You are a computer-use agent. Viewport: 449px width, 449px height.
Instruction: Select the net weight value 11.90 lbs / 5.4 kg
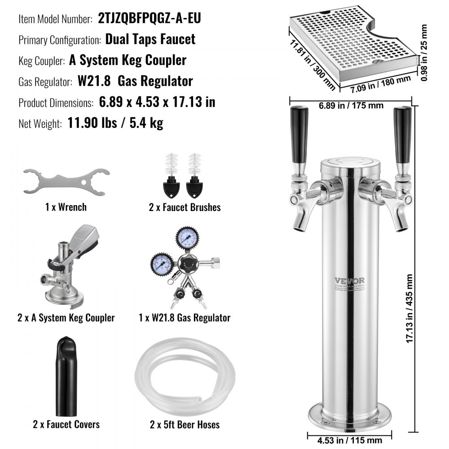[x=115, y=123]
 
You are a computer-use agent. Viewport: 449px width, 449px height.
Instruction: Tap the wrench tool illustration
[x=66, y=181]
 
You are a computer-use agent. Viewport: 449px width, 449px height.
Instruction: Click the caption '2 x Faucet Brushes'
[x=185, y=207]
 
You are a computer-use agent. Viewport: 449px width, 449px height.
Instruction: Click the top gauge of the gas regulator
[x=185, y=237]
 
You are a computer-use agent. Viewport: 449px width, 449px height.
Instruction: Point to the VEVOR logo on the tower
[x=349, y=281]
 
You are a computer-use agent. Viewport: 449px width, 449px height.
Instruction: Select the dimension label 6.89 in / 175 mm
[x=351, y=106]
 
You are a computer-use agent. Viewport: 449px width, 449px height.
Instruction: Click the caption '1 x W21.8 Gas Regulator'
[x=185, y=318]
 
